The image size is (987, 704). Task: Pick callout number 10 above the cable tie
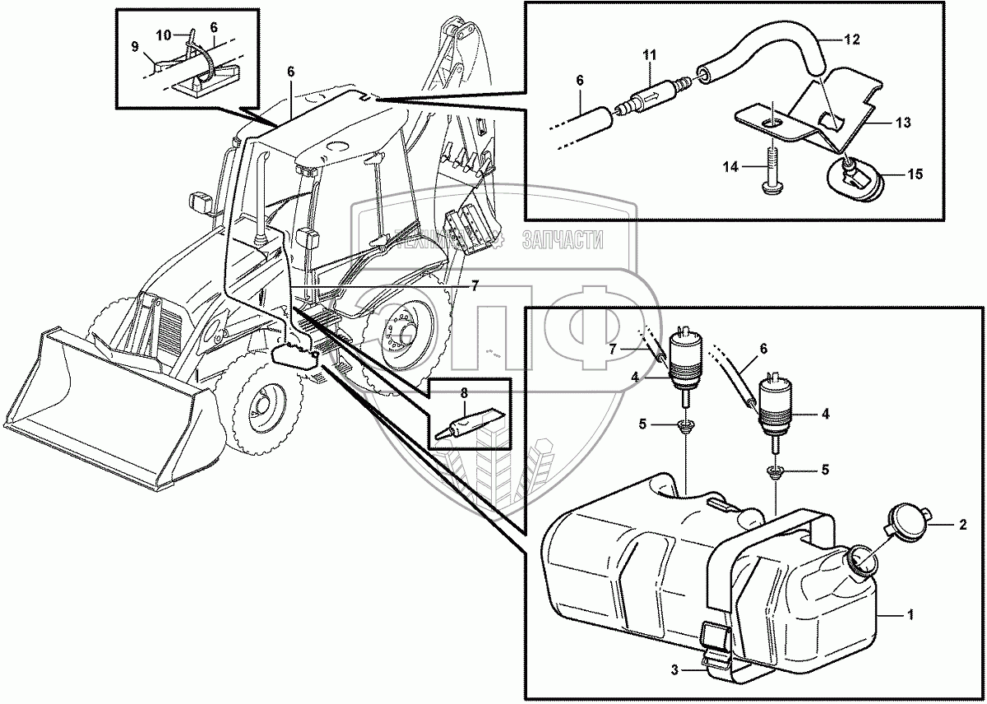pos(162,36)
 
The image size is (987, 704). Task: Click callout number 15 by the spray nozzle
pos(914,174)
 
